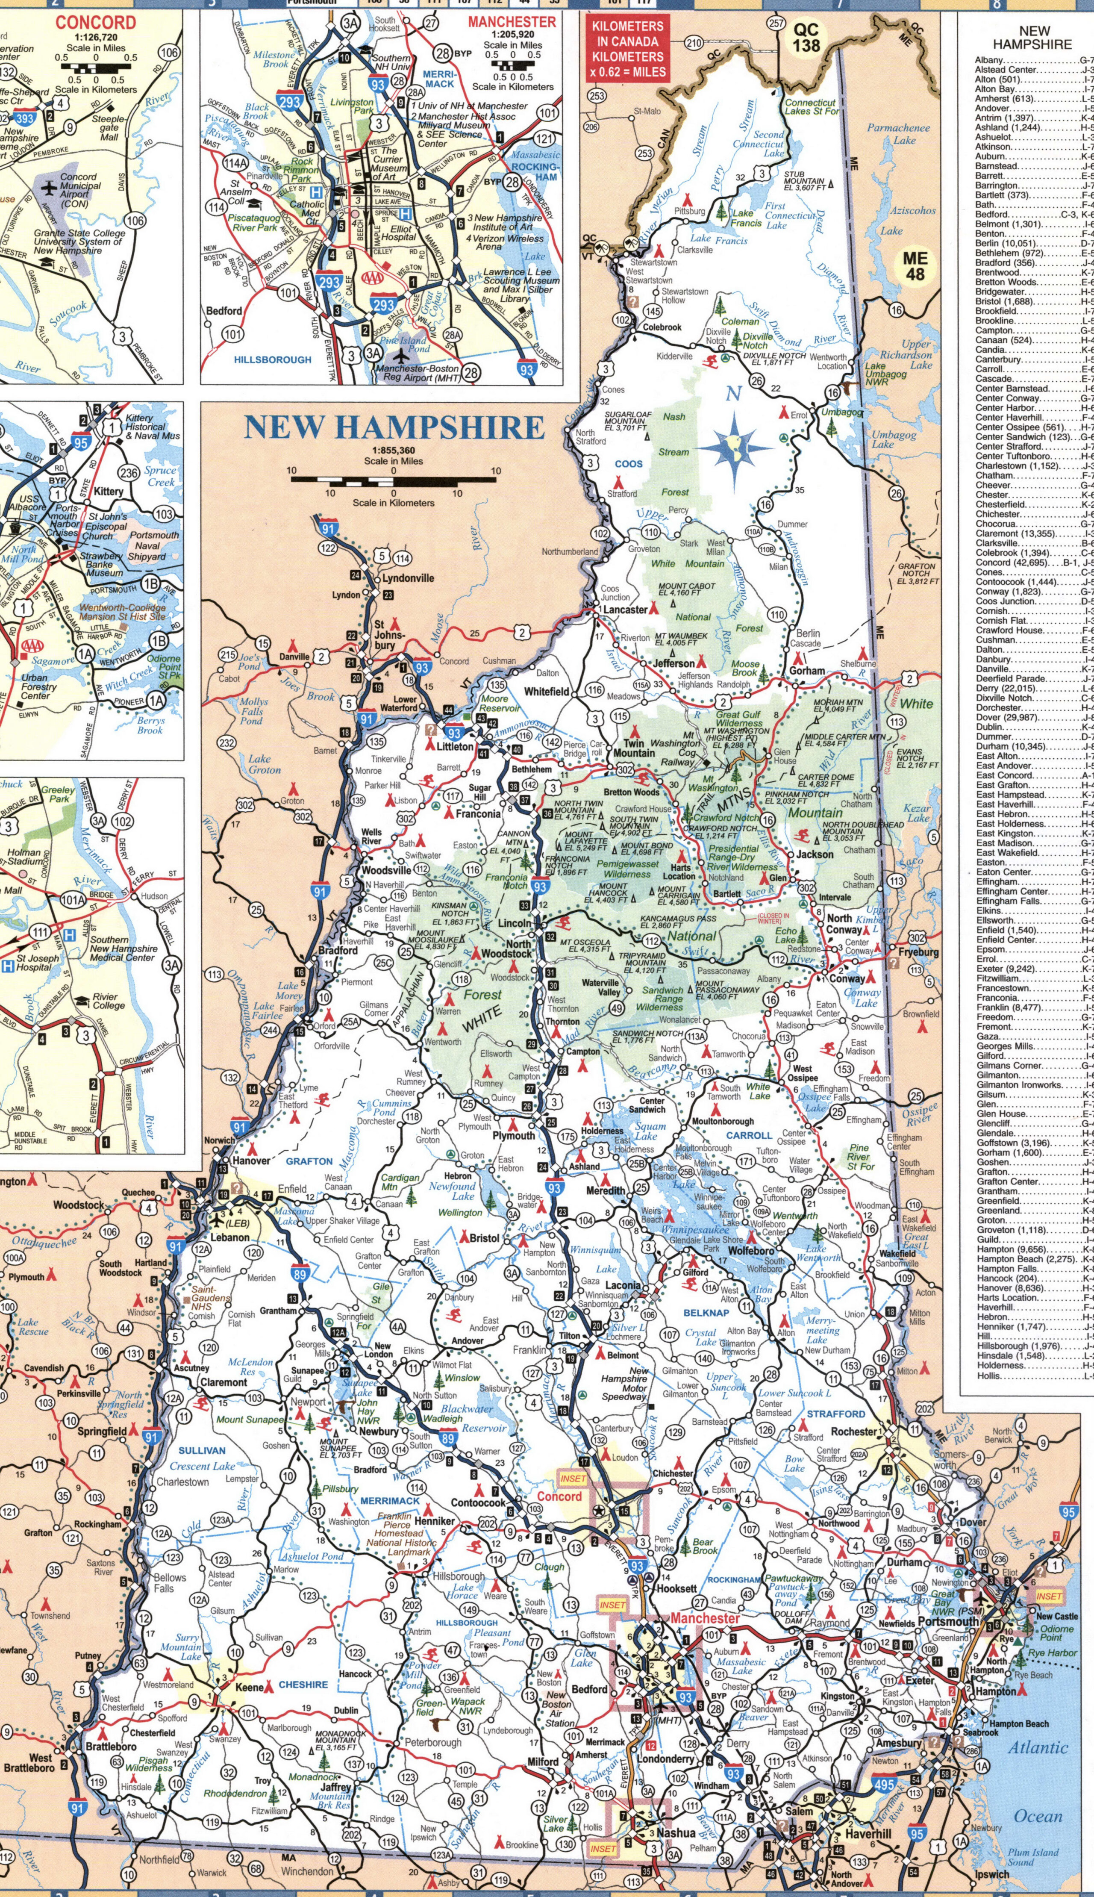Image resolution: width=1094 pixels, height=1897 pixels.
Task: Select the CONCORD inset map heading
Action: pyautogui.click(x=95, y=23)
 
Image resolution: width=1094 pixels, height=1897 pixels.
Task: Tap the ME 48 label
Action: pyautogui.click(x=915, y=266)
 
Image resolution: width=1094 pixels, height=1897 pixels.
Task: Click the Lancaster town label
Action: pyautogui.click(x=625, y=610)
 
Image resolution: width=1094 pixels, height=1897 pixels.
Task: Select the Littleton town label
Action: pyautogui.click(x=455, y=746)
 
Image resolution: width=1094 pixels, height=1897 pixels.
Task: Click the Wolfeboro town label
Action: pyautogui.click(x=750, y=1251)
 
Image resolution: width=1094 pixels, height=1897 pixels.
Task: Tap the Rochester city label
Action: pyautogui.click(x=854, y=1432)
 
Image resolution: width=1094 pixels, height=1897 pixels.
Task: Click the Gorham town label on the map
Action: pyautogui.click(x=806, y=670)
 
